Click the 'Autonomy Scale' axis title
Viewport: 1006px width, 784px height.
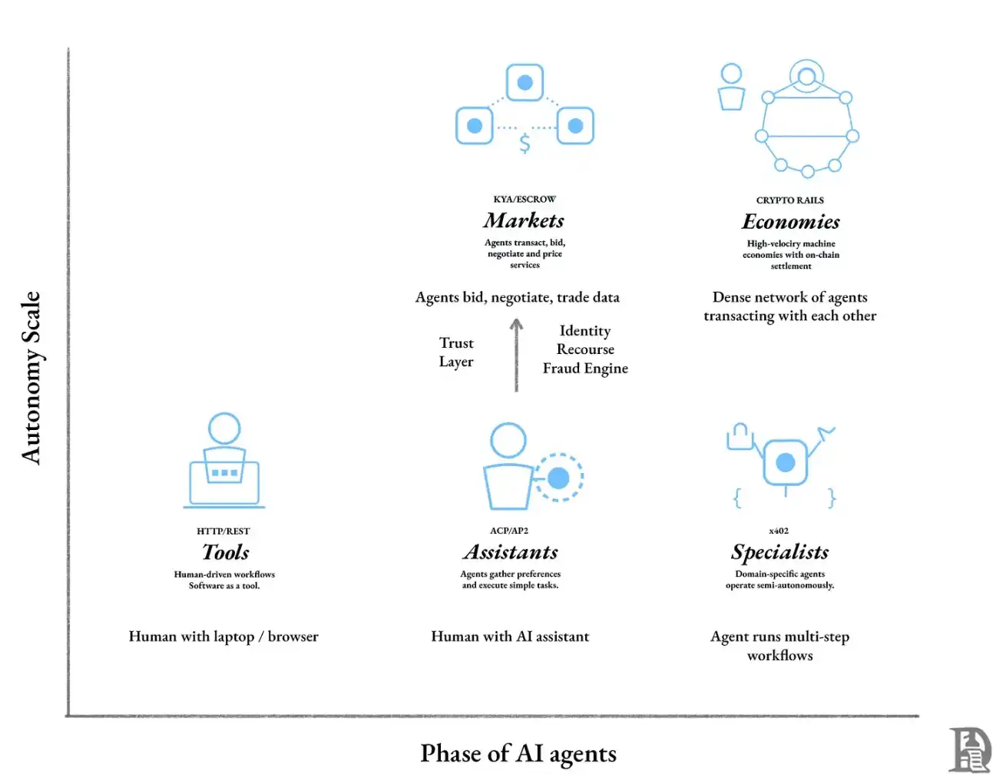pyautogui.click(x=31, y=378)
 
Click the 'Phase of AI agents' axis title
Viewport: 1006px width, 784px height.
pyautogui.click(x=518, y=754)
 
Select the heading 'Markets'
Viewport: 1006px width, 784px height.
pyautogui.click(x=524, y=221)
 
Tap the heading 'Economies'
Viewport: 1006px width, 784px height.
pyautogui.click(x=790, y=222)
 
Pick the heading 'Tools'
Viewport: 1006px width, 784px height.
pyautogui.click(x=225, y=553)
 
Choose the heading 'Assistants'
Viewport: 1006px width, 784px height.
pyautogui.click(x=511, y=553)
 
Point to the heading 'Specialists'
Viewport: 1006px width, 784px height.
pyautogui.click(x=779, y=553)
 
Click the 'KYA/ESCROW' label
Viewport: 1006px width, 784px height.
pyautogui.click(x=524, y=199)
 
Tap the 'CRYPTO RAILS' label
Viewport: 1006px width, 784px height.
pyautogui.click(x=789, y=200)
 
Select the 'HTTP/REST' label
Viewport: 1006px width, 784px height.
pyautogui.click(x=223, y=531)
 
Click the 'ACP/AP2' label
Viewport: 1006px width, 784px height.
pyautogui.click(x=509, y=531)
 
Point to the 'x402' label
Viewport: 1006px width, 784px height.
pyautogui.click(x=779, y=531)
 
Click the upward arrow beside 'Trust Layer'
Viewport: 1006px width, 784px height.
pyautogui.click(x=516, y=355)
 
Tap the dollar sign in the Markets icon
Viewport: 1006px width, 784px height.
pyautogui.click(x=525, y=144)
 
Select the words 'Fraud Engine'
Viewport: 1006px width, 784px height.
pyautogui.click(x=585, y=369)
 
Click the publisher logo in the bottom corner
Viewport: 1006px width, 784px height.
pyautogui.click(x=970, y=749)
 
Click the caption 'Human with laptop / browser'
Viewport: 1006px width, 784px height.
pyautogui.click(x=223, y=637)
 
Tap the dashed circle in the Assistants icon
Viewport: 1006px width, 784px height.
pyautogui.click(x=558, y=478)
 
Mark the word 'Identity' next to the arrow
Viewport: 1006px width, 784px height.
pyautogui.click(x=585, y=331)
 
